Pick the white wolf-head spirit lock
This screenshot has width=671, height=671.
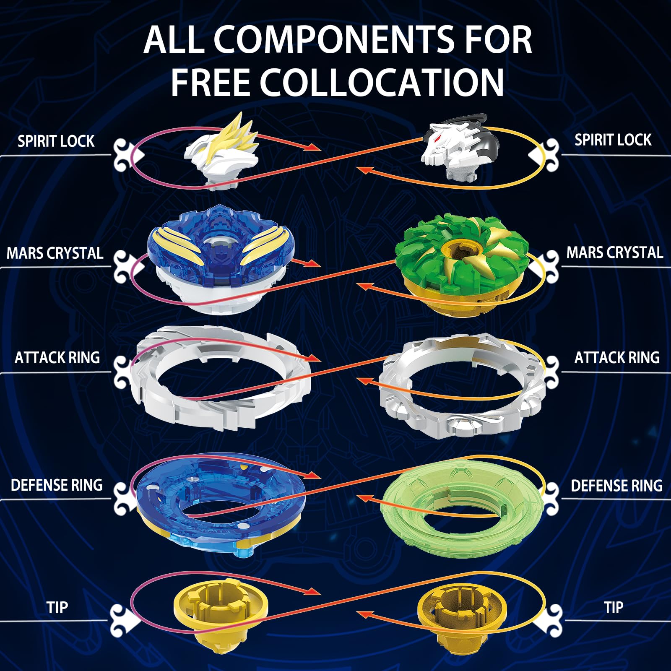460,147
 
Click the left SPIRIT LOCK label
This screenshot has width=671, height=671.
56,141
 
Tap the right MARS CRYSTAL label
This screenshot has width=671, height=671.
614,252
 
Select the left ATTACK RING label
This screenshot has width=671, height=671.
57,358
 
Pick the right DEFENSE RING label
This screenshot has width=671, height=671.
616,486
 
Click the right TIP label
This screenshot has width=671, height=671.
613,607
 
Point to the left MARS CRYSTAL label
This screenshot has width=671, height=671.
55,253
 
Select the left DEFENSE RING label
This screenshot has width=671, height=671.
57,485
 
